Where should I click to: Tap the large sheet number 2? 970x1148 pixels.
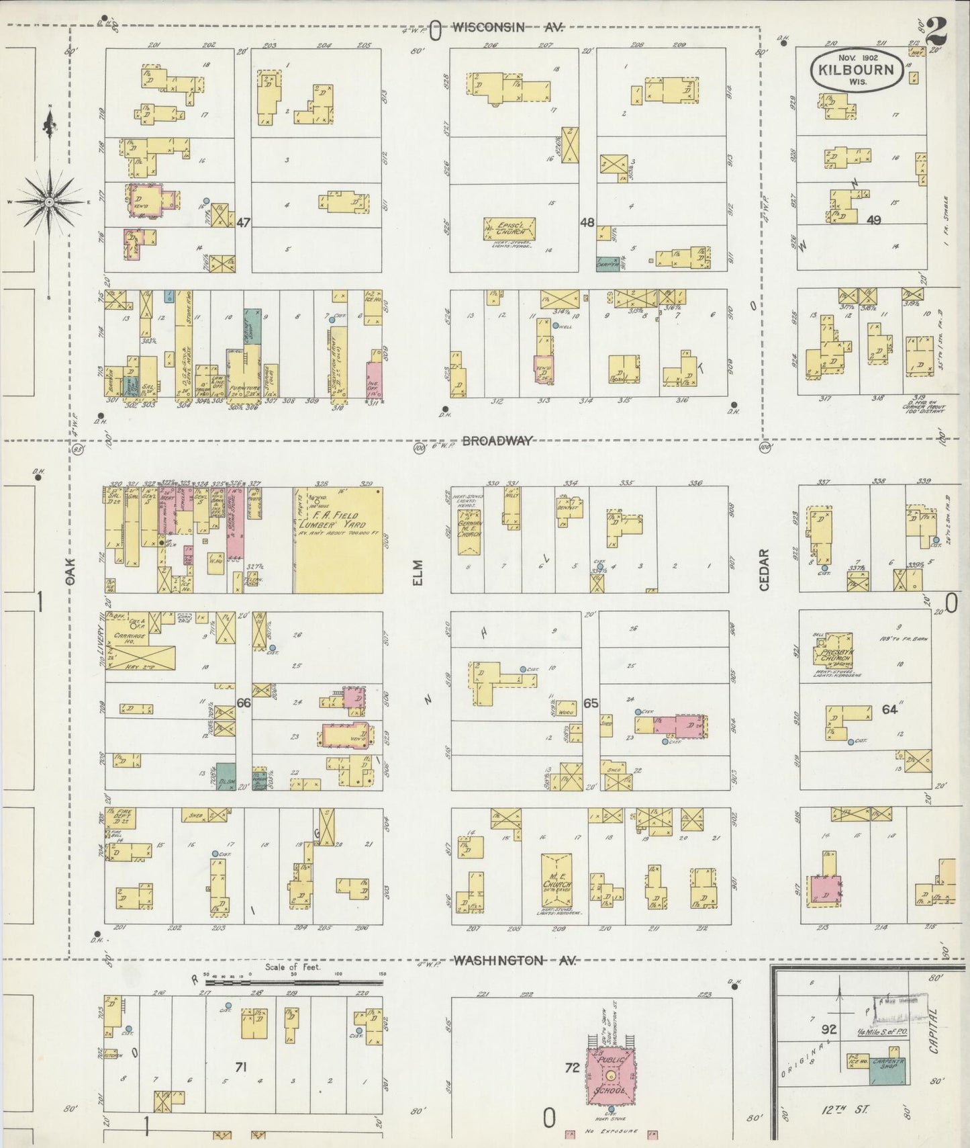937,30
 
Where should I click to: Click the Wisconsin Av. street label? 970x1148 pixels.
507,28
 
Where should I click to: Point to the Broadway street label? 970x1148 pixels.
497,441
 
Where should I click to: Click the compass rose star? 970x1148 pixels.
49,201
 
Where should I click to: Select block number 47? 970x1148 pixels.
243,222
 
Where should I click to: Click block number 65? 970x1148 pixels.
591,703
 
